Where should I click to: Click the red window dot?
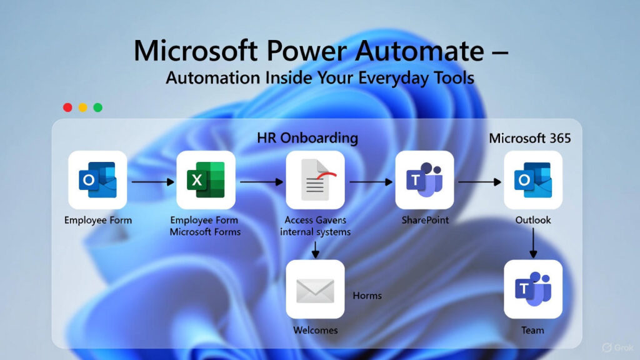pyautogui.click(x=67, y=107)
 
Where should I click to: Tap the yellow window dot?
pyautogui.click(x=82, y=107)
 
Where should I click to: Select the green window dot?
pyautogui.click(x=98, y=107)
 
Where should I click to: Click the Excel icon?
pyautogui.click(x=206, y=180)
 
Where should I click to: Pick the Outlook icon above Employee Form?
pyautogui.click(x=97, y=180)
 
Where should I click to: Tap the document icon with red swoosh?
pyautogui.click(x=315, y=180)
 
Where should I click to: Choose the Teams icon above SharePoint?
pyautogui.click(x=424, y=180)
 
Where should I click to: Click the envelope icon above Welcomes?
pyautogui.click(x=315, y=289)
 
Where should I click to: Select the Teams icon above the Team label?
pyautogui.click(x=533, y=289)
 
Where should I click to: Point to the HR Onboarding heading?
pyautogui.click(x=307, y=137)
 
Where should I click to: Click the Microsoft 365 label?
pyautogui.click(x=529, y=138)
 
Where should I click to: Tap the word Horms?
pyautogui.click(x=367, y=295)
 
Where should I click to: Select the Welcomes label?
pyautogui.click(x=315, y=330)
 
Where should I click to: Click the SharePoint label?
pyautogui.click(x=424, y=220)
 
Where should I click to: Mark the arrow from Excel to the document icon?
pyautogui.click(x=261, y=182)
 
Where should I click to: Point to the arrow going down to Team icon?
pyautogui.click(x=533, y=243)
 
